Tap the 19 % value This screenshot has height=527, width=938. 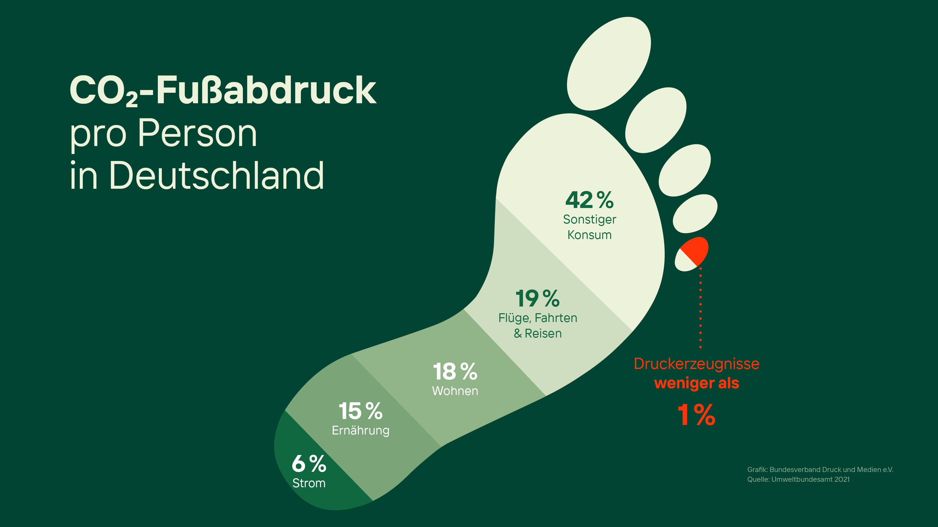538,298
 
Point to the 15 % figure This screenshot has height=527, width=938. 360,411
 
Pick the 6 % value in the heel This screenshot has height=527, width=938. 309,464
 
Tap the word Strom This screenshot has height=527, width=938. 309,483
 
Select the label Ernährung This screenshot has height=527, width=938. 360,430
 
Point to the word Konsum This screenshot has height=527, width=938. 590,235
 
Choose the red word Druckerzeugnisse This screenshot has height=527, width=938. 697,364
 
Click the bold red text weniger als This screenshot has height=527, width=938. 697,383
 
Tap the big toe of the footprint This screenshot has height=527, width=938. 609,64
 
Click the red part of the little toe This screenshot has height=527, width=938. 695,250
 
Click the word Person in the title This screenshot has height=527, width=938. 197,133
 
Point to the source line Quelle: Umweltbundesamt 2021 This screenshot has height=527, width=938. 798,479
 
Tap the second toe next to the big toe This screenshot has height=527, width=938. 656,120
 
